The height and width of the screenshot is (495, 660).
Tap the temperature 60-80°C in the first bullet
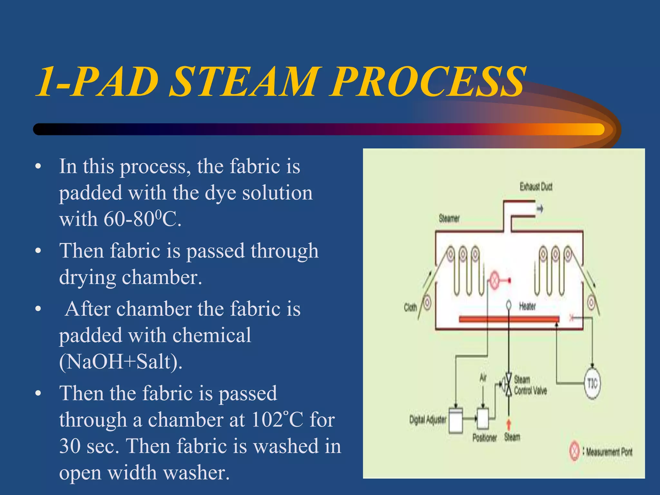coord(142,220)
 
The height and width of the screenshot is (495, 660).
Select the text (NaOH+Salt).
coord(121,362)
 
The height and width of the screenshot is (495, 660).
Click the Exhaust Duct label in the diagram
coord(536,187)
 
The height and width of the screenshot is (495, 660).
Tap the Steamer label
coord(449,219)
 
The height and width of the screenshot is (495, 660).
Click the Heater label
coord(528,306)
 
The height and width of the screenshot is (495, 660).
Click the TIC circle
coord(592,383)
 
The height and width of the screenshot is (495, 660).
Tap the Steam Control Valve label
coord(530,385)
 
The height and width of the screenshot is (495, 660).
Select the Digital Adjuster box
coord(456,421)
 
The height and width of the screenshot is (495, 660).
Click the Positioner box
coord(483,418)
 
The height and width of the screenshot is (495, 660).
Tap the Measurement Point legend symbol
coord(574,451)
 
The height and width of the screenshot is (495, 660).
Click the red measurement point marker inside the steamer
coord(494,280)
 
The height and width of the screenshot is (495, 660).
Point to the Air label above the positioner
coord(482,377)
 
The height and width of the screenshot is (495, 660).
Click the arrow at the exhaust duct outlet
coord(540,209)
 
